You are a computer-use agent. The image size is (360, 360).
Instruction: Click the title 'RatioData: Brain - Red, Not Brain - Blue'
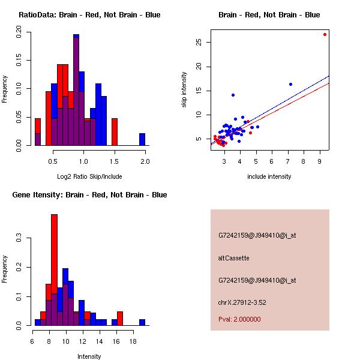click(89, 14)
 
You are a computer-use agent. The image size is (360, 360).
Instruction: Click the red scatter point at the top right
click(325, 34)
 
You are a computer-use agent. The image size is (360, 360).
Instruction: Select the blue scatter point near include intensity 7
click(290, 84)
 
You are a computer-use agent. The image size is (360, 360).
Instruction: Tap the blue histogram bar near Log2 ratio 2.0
click(142, 139)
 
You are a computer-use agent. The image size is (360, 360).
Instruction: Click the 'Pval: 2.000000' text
click(239, 319)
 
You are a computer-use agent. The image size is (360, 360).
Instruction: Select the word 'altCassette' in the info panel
click(233, 258)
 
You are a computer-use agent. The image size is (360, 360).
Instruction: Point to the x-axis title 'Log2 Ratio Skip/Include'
click(89, 176)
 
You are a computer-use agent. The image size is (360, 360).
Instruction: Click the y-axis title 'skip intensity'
click(185, 90)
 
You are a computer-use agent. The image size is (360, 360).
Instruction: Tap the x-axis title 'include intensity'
click(269, 176)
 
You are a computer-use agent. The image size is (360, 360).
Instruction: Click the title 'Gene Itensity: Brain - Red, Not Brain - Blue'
click(89, 195)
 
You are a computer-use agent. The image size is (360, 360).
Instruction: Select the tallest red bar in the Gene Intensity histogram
click(55, 270)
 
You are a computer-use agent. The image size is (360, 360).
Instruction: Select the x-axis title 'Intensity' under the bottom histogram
click(89, 356)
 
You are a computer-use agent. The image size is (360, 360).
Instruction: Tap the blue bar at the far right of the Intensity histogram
click(142, 322)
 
